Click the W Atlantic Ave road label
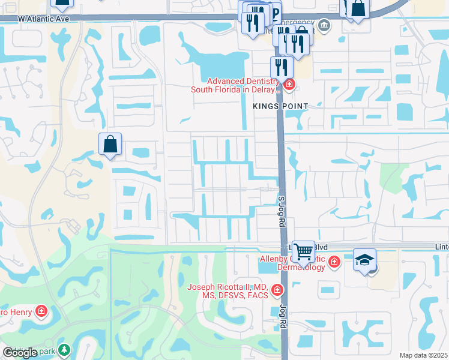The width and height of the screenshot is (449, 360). tap(44, 19)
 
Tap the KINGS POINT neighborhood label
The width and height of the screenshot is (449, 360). tap(280, 106)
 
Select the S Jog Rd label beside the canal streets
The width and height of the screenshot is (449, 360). tap(281, 210)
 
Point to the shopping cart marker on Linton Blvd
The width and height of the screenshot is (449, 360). tap(304, 251)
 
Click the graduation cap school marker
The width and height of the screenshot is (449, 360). tap(364, 259)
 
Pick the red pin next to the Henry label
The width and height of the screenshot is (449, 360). tap(41, 311)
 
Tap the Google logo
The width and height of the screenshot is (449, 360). tap(20, 353)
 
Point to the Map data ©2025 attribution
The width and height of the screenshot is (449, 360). tap(424, 355)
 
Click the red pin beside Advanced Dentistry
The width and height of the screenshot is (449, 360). tap(289, 85)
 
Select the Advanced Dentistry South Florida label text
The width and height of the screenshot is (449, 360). tap(236, 85)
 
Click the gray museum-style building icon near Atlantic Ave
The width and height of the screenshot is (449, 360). tap(324, 25)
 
